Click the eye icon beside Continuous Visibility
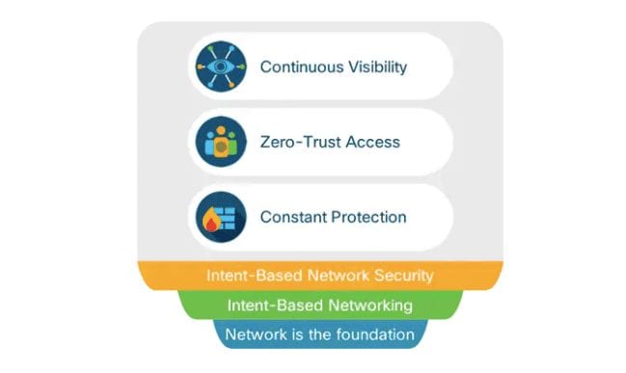click(221, 67)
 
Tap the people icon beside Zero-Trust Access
click(221, 142)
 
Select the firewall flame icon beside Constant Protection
click(221, 217)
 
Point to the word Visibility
click(371, 67)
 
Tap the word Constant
click(290, 217)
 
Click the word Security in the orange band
click(405, 276)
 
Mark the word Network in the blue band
click(253, 335)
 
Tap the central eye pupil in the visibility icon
click(221, 67)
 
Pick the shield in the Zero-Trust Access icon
click(221, 147)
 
